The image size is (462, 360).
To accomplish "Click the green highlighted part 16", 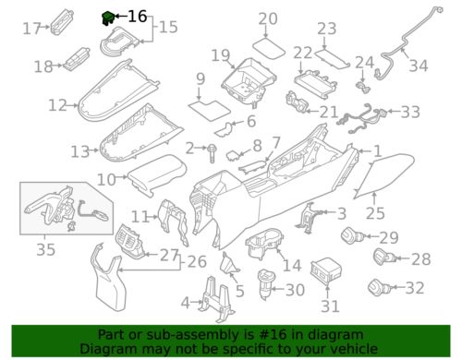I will (107, 16).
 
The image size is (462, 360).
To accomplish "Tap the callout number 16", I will (137, 17).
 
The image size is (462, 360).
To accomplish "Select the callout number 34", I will (419, 66).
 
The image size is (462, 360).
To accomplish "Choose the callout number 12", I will (57, 104).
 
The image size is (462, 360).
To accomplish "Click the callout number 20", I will (267, 18).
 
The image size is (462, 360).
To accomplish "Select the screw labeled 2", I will (212, 149).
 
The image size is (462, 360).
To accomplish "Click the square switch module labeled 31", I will (328, 273).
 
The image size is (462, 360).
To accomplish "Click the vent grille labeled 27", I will (130, 250).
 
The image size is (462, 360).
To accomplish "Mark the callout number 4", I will (186, 302).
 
